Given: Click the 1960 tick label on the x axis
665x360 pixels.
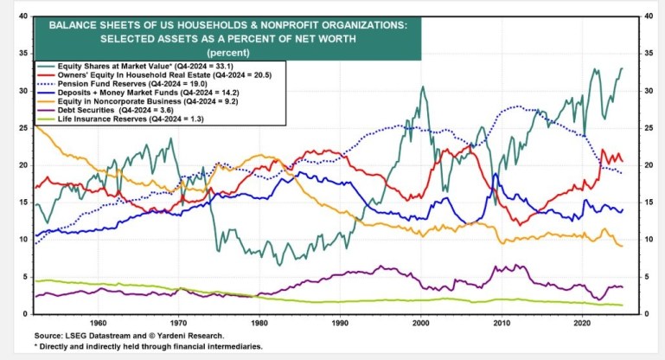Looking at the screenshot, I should click(x=97, y=320).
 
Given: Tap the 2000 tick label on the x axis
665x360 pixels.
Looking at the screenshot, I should click(x=420, y=320).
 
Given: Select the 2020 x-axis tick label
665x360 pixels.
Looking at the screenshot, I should click(x=582, y=320).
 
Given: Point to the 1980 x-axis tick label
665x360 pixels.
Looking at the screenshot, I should click(x=259, y=320).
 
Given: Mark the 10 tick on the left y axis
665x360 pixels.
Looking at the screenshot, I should click(x=22, y=239).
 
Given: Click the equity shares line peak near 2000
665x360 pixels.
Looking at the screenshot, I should click(x=422, y=87).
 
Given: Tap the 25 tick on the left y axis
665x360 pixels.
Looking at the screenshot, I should click(x=22, y=128).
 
